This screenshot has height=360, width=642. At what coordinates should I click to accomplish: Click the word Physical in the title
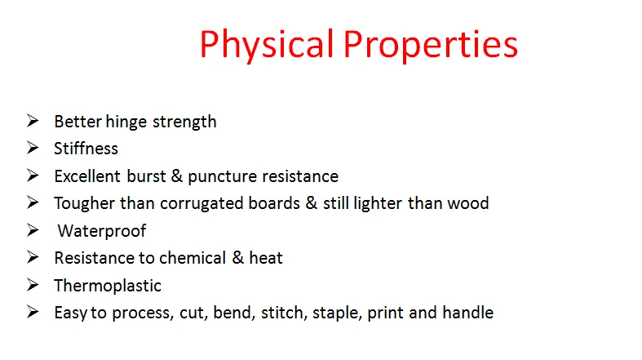point(266,44)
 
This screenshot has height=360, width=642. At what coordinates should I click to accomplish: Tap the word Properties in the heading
point(429,44)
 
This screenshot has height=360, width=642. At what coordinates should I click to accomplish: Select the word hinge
point(120,122)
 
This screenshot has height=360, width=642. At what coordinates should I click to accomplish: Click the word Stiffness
point(86,149)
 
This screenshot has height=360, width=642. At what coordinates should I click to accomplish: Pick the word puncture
point(220,176)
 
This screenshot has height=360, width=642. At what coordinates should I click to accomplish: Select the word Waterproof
point(101,231)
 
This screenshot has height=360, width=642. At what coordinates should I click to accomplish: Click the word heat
point(265,258)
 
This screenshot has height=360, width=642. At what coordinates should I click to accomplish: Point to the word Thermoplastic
point(108,286)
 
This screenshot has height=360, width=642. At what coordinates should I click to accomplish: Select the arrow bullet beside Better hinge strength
point(33,122)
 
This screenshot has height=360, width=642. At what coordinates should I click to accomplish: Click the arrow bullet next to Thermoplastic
point(33,285)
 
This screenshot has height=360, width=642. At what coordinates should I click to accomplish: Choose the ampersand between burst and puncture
point(173,176)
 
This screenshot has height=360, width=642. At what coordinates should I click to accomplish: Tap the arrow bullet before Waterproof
point(33,230)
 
